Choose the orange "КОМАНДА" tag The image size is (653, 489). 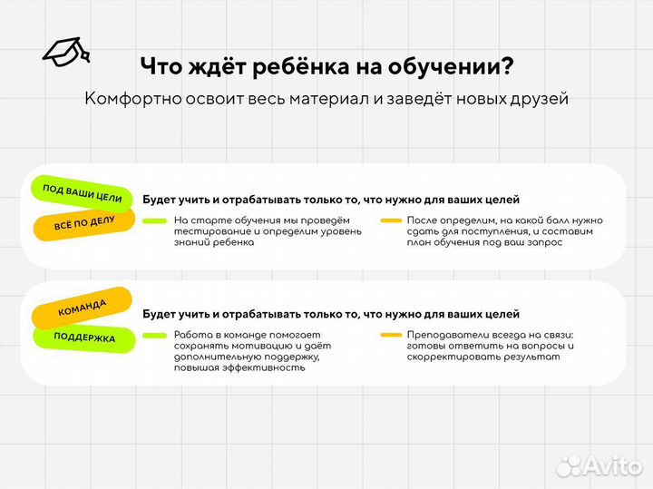83,309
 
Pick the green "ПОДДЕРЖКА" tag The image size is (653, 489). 85,337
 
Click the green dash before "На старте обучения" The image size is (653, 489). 154,220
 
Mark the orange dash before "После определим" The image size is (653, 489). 392,220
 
